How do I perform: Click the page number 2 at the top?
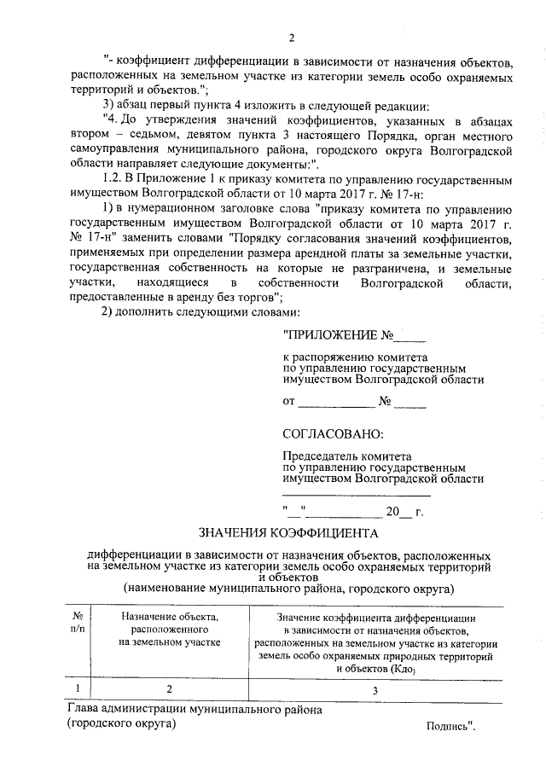[291, 38]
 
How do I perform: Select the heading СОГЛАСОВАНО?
[333, 434]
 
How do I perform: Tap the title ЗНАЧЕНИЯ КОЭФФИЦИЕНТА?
[288, 534]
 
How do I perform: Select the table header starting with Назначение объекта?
[170, 629]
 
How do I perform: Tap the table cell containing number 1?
[78, 688]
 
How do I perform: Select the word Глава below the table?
[83, 709]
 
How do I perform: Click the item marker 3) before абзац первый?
[107, 107]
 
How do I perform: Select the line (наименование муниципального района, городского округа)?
[288, 588]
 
